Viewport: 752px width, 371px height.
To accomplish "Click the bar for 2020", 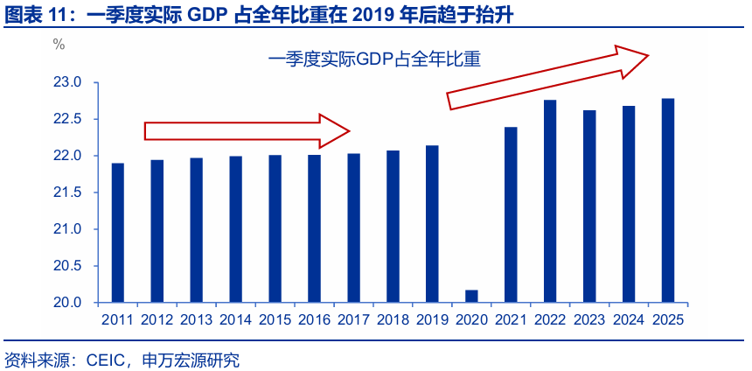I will [471, 296].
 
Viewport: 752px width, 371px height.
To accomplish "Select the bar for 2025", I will [668, 200].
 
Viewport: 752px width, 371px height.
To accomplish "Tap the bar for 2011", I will [118, 233].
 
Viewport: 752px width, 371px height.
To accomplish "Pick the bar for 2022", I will [550, 201].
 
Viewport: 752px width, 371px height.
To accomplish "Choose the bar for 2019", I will [432, 224].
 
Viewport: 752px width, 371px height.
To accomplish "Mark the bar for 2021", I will [511, 214].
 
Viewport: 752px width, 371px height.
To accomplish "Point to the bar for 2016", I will [315, 228].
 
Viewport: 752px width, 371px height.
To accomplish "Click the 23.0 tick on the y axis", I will [69, 82].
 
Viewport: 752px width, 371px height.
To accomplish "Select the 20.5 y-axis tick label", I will [69, 266].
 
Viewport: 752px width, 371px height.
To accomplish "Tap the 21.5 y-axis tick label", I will [69, 192].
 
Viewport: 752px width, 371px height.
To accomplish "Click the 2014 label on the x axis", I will [236, 320].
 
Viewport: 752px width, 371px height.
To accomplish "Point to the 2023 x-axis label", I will [589, 320].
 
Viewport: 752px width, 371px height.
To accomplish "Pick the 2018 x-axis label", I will [393, 320].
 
